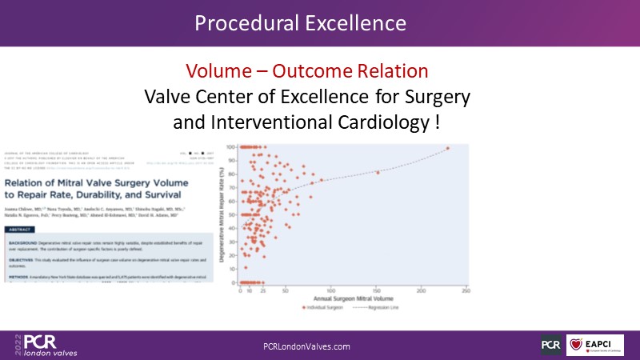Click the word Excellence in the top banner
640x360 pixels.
355,22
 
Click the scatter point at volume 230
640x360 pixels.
448,148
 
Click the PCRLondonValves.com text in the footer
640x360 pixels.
307,346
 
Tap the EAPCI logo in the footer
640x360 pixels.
596,345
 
